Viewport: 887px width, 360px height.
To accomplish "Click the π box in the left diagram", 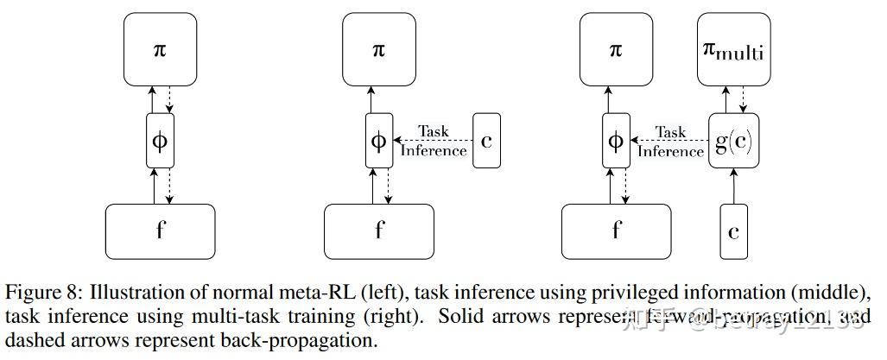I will [160, 51].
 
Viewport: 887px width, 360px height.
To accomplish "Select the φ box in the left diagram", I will [160, 141].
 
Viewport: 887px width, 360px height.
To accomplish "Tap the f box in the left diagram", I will [160, 231].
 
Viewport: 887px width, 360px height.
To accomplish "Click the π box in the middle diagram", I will [378, 51].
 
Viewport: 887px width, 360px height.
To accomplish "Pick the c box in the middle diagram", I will [486, 141].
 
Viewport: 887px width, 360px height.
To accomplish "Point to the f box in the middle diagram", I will [378, 231].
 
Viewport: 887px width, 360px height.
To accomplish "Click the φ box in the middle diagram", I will [378, 141].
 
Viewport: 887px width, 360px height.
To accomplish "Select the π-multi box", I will [734, 51].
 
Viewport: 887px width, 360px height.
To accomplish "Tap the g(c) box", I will [734, 141].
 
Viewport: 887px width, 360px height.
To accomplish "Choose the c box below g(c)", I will [734, 231].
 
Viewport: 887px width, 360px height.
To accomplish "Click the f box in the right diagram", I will [616, 231].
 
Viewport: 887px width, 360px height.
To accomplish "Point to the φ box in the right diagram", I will [616, 141].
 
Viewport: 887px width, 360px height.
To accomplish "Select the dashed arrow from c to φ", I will [432, 141].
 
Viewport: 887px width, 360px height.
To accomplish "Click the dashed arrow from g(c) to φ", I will [669, 141].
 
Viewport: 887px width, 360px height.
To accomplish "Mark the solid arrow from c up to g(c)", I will [734, 186].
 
